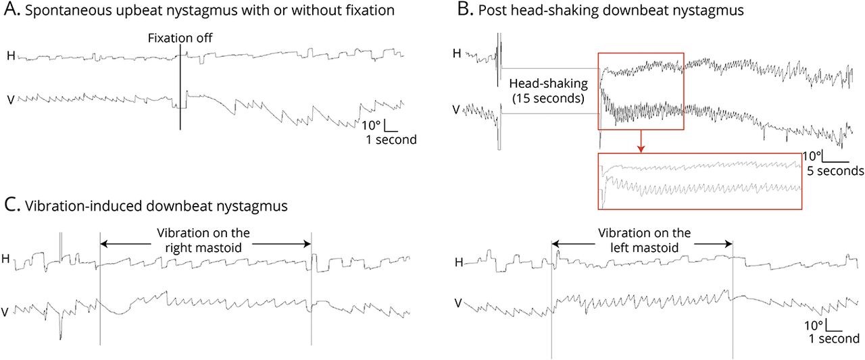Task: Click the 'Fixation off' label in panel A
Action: (180, 39)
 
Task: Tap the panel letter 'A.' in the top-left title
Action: (10, 11)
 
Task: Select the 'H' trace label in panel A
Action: (11, 55)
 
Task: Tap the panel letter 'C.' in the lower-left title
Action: (11, 207)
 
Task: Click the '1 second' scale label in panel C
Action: (835, 338)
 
